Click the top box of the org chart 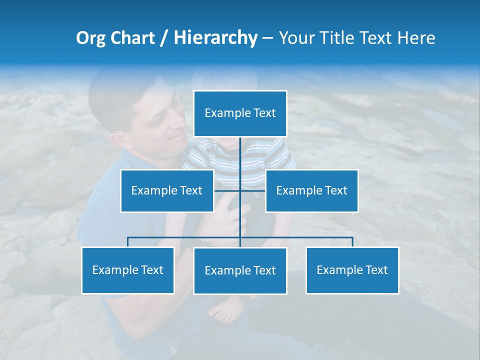tap(240, 113)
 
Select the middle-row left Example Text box tap(167, 190)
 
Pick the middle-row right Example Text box tap(311, 190)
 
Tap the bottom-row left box tap(128, 270)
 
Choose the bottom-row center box tap(240, 270)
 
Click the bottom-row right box tap(352, 270)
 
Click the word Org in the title tap(90, 38)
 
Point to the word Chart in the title tap(132, 38)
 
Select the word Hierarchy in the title tap(215, 38)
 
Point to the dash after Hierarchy tap(267, 38)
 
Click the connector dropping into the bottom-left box tap(128, 242)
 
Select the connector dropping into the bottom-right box tap(352, 242)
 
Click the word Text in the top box tap(264, 113)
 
